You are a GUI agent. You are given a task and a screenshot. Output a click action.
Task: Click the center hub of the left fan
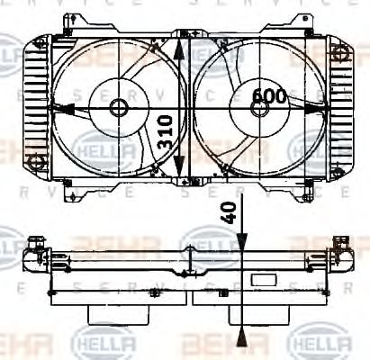[x=119, y=108]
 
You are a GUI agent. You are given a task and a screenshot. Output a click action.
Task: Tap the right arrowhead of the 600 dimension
[x=317, y=107]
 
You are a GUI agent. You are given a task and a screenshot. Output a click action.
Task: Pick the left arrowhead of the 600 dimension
[x=59, y=108]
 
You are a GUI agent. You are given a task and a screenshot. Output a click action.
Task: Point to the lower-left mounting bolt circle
[x=37, y=162]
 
